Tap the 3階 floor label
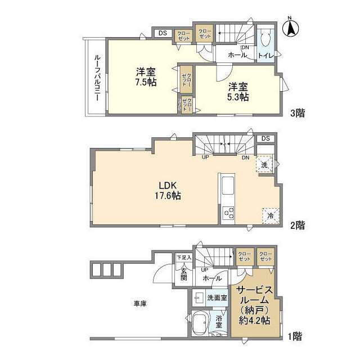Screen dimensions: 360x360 tap(298, 113)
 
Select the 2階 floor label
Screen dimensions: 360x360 tap(298, 225)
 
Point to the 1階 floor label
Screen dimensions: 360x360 tap(295, 337)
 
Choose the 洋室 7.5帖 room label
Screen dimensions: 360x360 tap(145, 76)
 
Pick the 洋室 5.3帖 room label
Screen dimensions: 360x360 tap(238, 92)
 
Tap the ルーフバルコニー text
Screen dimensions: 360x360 tap(96, 78)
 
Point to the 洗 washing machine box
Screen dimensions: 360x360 tap(264, 164)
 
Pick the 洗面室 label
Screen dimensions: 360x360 tap(217, 297)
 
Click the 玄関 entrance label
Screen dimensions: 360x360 tap(183, 274)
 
